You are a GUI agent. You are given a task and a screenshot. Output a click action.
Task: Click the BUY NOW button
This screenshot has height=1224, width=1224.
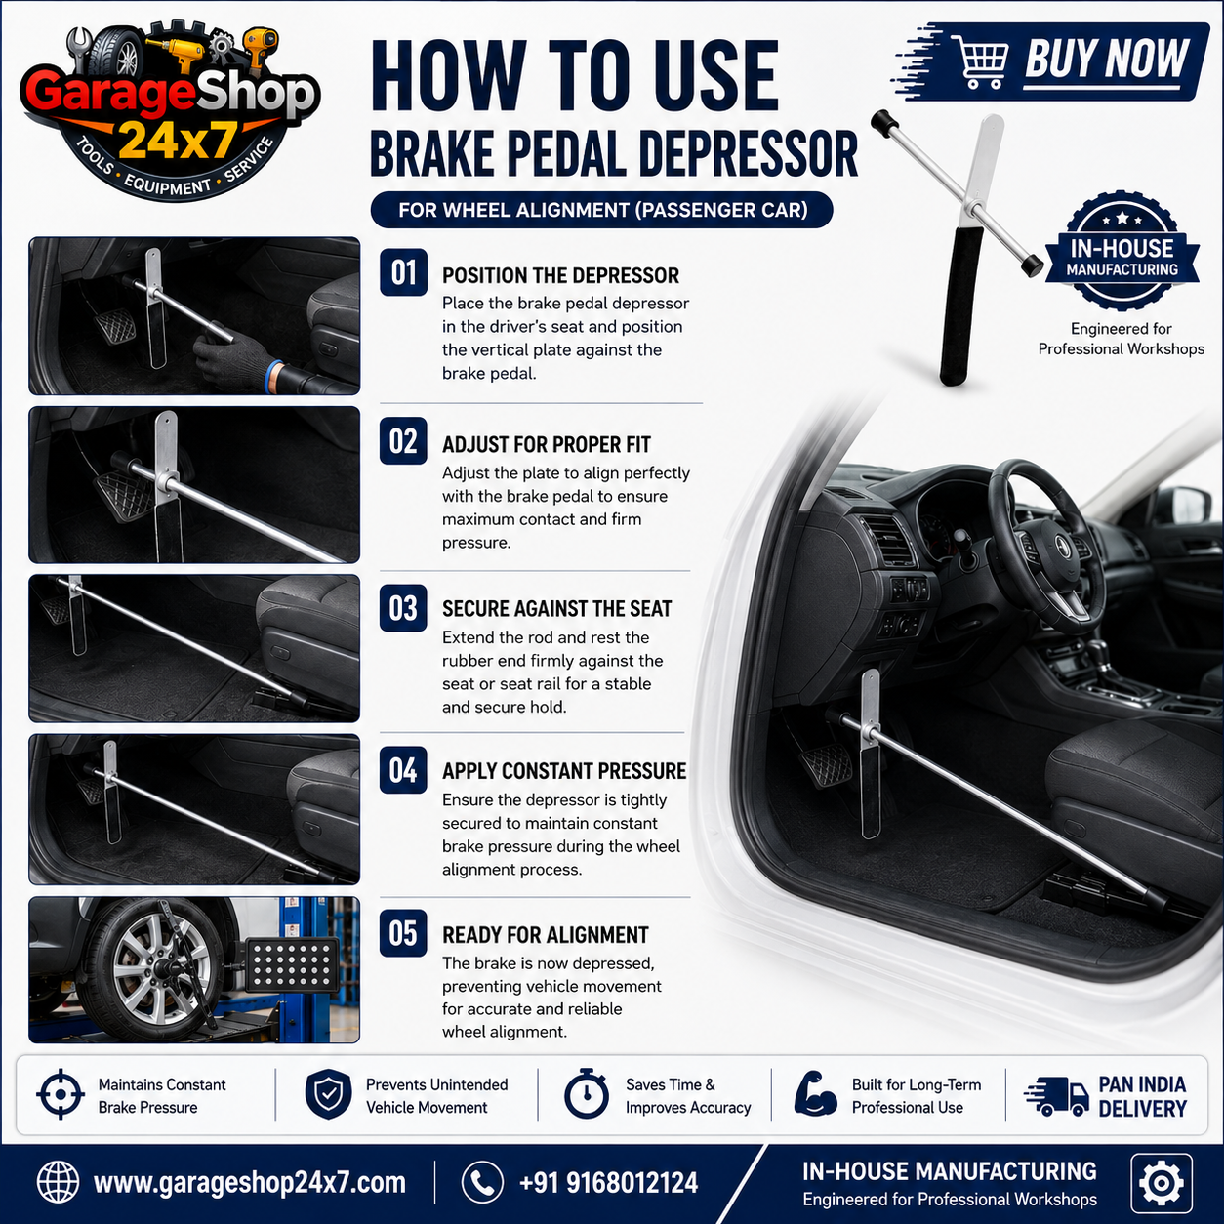[x=1051, y=62]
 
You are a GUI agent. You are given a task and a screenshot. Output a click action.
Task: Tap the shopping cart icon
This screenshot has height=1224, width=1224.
[x=982, y=61]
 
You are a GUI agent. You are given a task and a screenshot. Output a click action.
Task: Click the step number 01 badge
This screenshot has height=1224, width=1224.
[x=403, y=272]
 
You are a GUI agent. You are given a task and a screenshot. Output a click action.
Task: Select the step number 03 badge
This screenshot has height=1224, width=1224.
[x=403, y=608]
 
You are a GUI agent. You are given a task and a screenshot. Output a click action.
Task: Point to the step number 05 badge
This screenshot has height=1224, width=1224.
[x=403, y=933]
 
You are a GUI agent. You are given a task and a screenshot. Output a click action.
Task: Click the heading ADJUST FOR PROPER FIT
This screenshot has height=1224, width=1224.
[x=547, y=445]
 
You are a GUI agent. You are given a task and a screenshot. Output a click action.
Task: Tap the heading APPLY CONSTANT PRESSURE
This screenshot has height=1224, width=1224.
[x=564, y=771]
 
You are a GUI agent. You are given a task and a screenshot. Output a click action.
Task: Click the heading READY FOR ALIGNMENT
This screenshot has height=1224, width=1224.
[x=545, y=935]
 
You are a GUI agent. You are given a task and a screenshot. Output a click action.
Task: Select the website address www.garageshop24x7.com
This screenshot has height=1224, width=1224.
[x=249, y=1182]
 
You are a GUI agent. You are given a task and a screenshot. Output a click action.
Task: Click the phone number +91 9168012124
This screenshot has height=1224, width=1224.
[x=608, y=1182]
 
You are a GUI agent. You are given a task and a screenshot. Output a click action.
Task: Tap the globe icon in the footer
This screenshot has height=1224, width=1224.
[x=58, y=1182]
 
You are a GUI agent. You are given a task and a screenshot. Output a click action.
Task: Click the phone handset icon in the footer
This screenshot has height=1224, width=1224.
[x=482, y=1182]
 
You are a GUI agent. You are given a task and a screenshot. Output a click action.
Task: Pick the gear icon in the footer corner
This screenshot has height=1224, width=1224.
[x=1162, y=1182]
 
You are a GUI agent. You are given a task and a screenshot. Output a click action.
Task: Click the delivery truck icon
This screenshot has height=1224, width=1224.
[x=1056, y=1096]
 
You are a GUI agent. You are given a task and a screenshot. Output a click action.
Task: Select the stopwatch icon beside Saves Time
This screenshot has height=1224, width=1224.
[x=587, y=1093]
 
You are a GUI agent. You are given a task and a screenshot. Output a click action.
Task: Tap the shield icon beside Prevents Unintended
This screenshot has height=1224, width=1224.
[x=328, y=1093]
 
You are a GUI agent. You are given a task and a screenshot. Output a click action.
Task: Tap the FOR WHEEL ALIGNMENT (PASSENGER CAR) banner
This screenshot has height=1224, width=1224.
[x=602, y=210]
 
